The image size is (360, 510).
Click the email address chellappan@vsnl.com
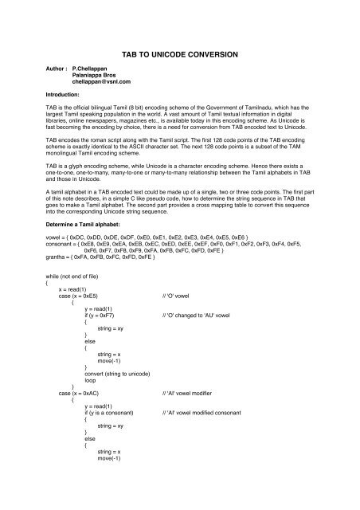click(101, 81)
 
